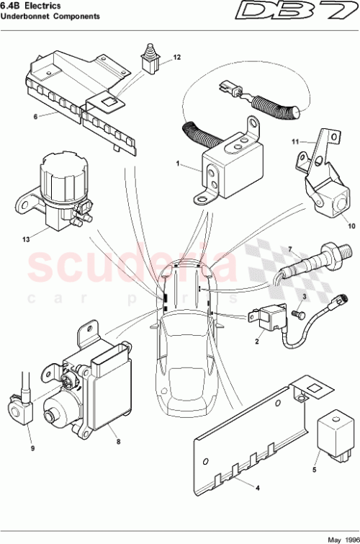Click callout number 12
point(176,57)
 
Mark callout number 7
point(291,250)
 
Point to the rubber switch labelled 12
point(150,61)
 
